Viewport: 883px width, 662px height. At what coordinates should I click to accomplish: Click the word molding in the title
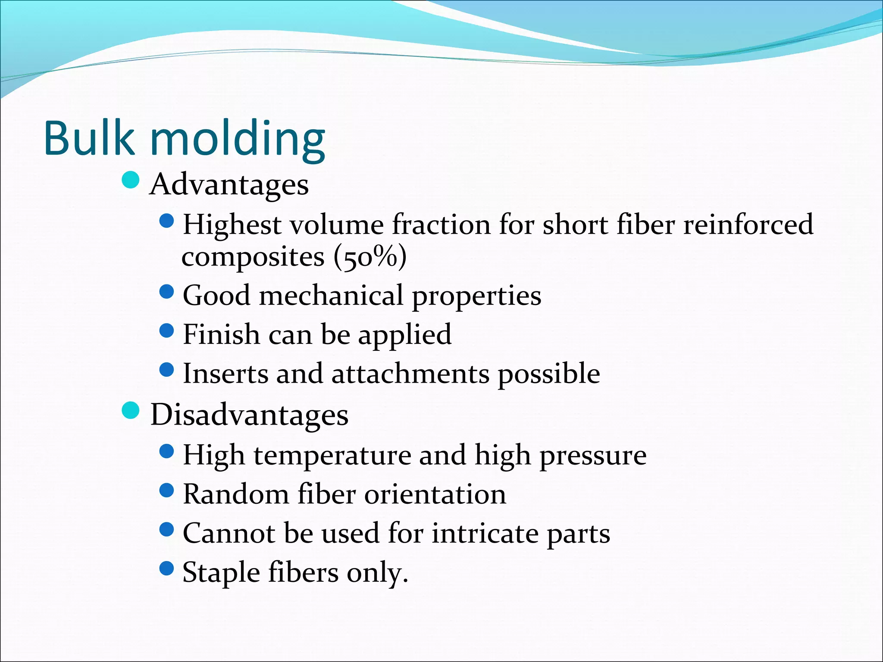pyautogui.click(x=237, y=140)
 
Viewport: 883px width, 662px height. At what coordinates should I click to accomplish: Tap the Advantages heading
pyautogui.click(x=229, y=185)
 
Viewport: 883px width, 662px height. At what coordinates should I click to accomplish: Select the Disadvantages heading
pyautogui.click(x=249, y=415)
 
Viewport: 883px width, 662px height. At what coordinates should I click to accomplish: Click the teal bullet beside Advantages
pyautogui.click(x=130, y=180)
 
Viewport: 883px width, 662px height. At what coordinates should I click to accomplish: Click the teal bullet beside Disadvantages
pyautogui.click(x=130, y=410)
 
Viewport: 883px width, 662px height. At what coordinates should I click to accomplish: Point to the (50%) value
pyautogui.click(x=370, y=257)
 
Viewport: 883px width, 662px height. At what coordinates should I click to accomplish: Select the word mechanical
pyautogui.click(x=331, y=296)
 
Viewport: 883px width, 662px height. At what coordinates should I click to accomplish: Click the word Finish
pyautogui.click(x=221, y=334)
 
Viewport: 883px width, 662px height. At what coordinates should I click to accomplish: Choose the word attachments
pyautogui.click(x=410, y=374)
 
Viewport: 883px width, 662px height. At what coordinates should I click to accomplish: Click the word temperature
pyautogui.click(x=332, y=456)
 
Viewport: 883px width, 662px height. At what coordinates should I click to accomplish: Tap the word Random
pyautogui.click(x=235, y=494)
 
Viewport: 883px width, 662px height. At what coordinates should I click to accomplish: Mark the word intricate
pyautogui.click(x=485, y=534)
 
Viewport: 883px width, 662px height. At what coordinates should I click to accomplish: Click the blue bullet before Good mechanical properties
pyautogui.click(x=166, y=292)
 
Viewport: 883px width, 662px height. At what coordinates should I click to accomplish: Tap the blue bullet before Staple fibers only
pyautogui.click(x=166, y=568)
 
